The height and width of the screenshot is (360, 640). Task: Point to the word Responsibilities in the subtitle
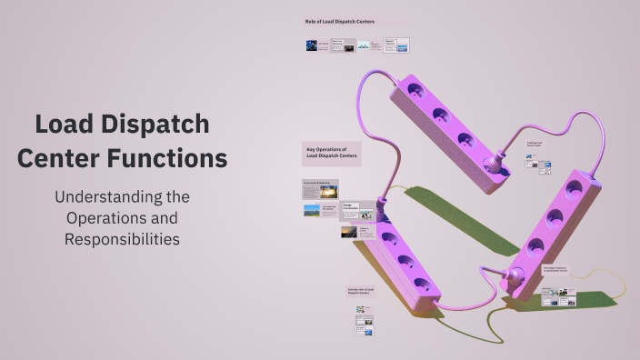tap(122, 239)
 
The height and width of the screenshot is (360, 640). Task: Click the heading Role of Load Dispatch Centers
tap(339, 21)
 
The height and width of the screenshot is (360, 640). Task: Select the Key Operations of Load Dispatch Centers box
tap(332, 154)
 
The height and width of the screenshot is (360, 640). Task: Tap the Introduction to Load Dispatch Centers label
tap(359, 292)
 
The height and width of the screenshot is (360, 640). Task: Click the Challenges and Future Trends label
tap(535, 144)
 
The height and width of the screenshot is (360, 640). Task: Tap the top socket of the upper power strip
tap(415, 91)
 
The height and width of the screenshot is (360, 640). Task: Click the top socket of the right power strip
tap(573, 189)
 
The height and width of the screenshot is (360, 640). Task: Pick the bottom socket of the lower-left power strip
tap(422, 285)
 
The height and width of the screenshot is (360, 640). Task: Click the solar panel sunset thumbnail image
tap(349, 232)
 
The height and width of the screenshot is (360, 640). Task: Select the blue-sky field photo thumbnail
tap(312, 210)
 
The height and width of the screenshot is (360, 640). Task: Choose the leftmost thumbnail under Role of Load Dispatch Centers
tap(312, 45)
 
